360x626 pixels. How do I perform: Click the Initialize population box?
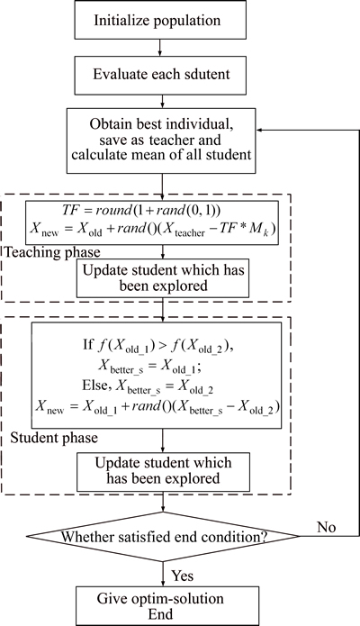click(160, 20)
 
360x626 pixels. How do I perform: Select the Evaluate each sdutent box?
click(160, 75)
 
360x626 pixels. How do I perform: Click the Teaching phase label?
click(53, 252)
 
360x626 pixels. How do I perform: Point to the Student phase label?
click(54, 438)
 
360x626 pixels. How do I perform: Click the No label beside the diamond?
click(326, 527)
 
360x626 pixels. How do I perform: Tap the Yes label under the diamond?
click(183, 576)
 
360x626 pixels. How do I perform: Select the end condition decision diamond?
click(163, 537)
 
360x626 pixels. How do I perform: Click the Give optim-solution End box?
click(160, 605)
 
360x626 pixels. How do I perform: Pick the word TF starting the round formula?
click(69, 210)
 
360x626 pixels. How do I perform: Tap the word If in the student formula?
click(88, 344)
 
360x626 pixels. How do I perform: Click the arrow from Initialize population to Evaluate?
click(160, 48)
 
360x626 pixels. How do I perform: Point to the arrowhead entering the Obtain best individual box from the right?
click(259, 130)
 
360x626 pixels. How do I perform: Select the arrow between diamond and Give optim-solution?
click(163, 574)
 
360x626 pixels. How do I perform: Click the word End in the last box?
click(160, 613)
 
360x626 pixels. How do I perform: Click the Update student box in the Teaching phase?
click(163, 277)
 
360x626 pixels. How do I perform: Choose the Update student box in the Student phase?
click(163, 472)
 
